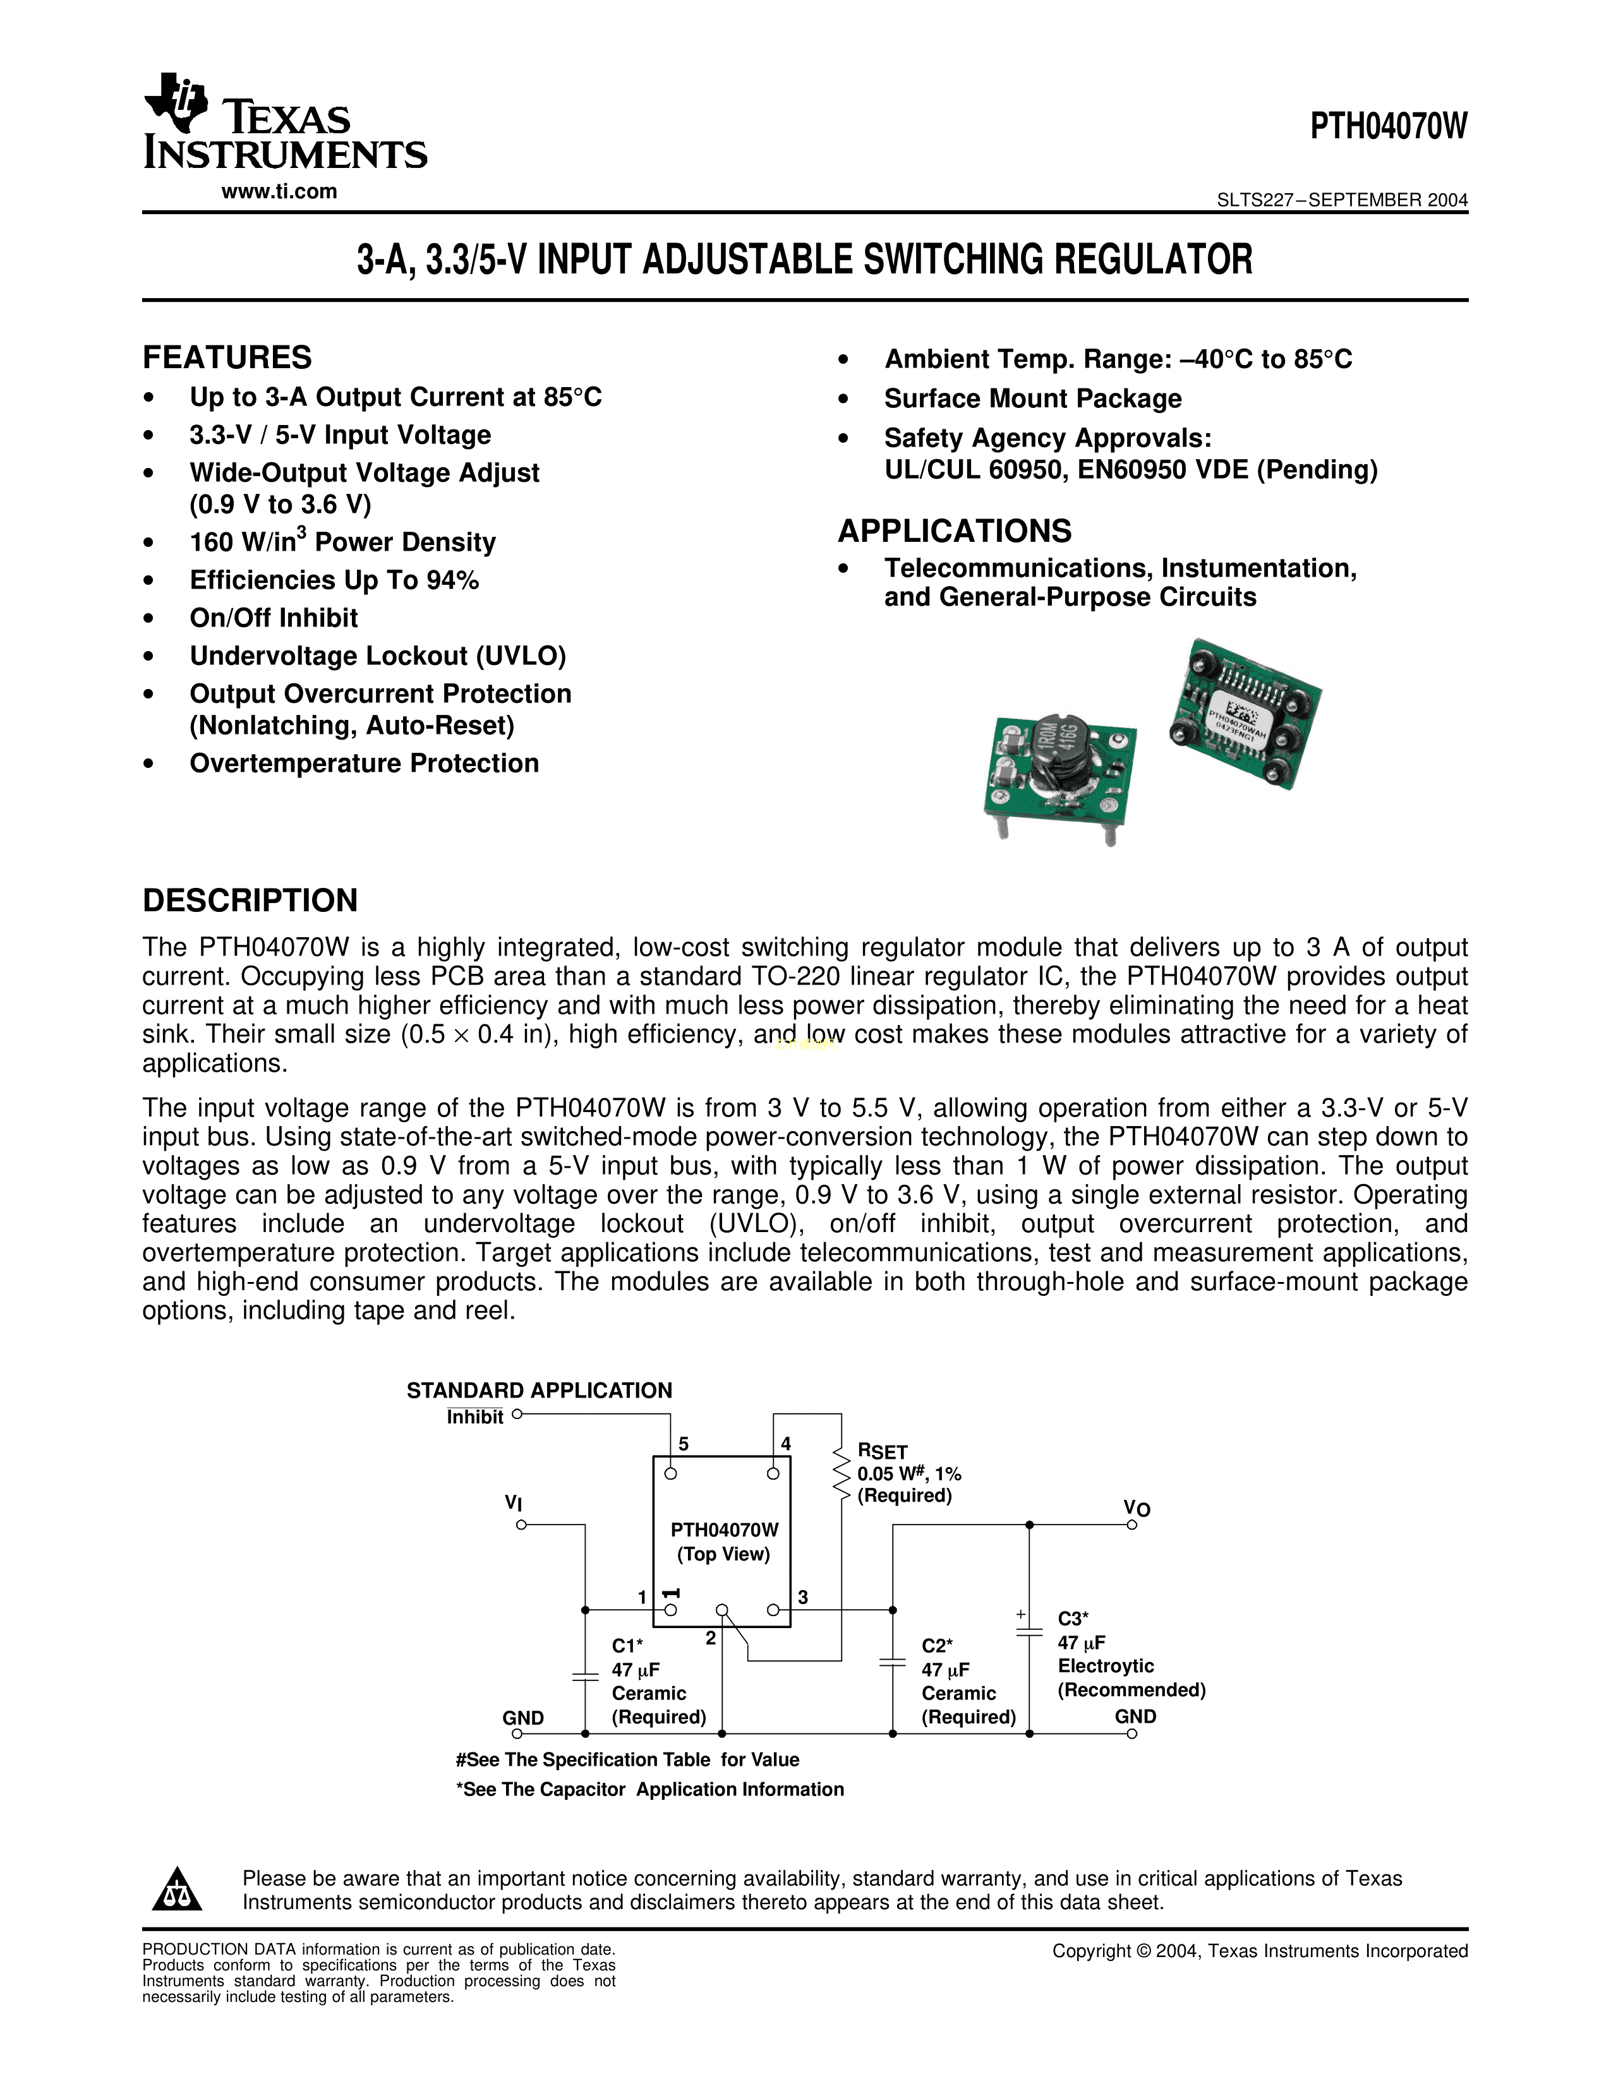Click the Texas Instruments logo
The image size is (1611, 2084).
tap(284, 122)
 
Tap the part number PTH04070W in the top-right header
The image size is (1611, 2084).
tap(1388, 127)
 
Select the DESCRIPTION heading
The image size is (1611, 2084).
tap(250, 900)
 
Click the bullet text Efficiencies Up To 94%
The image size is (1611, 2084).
tap(334, 580)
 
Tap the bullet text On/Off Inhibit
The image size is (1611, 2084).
tap(274, 618)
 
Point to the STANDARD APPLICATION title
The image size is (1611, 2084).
tap(540, 1391)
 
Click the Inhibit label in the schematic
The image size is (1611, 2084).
tap(474, 1418)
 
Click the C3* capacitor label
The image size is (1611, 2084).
tap(1073, 1619)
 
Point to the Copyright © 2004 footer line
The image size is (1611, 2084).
tap(1260, 1951)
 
